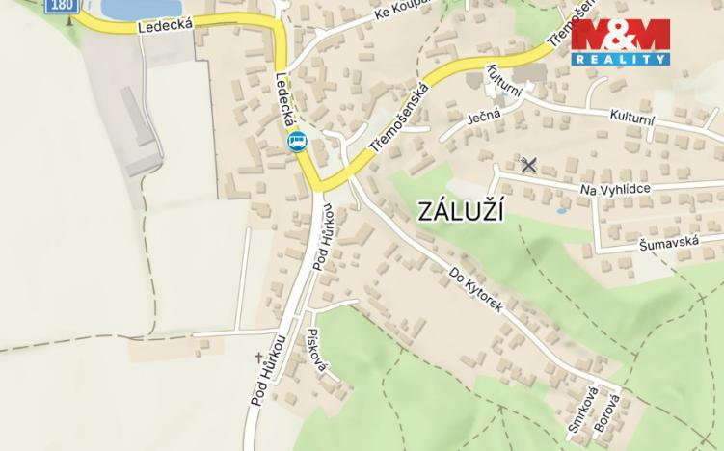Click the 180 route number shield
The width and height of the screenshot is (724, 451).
point(60,5)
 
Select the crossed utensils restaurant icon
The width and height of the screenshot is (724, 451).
point(527,165)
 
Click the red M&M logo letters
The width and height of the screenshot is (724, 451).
point(620,37)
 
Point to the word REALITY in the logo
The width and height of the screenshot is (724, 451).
point(620,59)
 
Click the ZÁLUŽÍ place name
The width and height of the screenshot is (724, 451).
point(462,213)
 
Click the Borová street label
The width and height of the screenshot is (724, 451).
point(606,411)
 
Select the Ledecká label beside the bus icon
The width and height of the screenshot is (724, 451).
point(284,102)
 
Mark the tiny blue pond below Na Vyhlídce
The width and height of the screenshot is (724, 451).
point(561,210)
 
